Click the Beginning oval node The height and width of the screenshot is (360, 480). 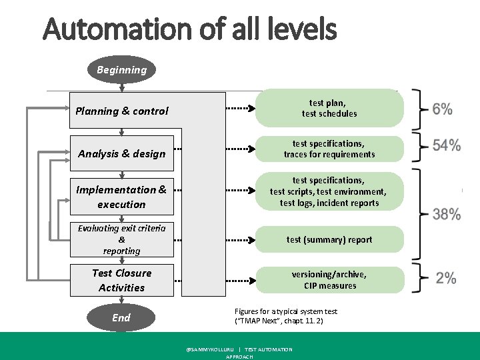point(121,70)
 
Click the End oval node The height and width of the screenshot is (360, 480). point(121,318)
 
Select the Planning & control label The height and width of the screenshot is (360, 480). point(122,111)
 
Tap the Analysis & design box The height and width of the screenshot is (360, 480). point(122,154)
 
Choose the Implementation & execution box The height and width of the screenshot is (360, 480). point(122,197)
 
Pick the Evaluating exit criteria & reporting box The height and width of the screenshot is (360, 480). point(122,239)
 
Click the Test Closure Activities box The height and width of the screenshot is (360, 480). point(122,280)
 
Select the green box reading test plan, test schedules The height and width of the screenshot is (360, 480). point(329,108)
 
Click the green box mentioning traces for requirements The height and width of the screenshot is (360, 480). point(329,149)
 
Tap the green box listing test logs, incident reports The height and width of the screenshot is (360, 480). point(329,192)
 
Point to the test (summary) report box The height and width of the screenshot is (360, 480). point(329,239)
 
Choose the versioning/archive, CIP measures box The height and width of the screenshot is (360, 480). point(329,280)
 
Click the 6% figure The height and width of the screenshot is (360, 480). point(442,109)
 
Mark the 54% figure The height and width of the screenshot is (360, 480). point(446,146)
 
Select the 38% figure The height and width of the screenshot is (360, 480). point(446,214)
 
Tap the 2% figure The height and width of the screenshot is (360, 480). point(446,279)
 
